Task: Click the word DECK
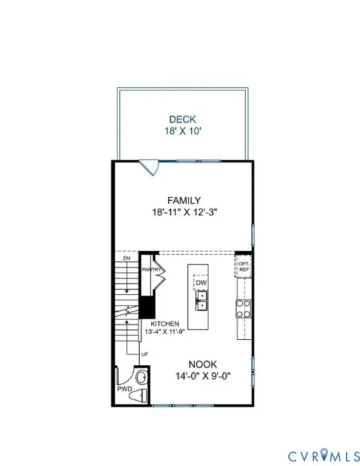(183, 120)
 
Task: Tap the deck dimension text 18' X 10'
(183, 130)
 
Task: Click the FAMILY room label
(184, 200)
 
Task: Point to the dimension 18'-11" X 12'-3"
(184, 212)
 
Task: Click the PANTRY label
(151, 269)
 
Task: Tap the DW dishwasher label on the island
(201, 282)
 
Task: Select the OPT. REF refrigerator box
(243, 266)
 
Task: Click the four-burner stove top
(243, 309)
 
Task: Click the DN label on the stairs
(126, 258)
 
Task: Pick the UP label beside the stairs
(144, 354)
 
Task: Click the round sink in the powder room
(140, 377)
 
